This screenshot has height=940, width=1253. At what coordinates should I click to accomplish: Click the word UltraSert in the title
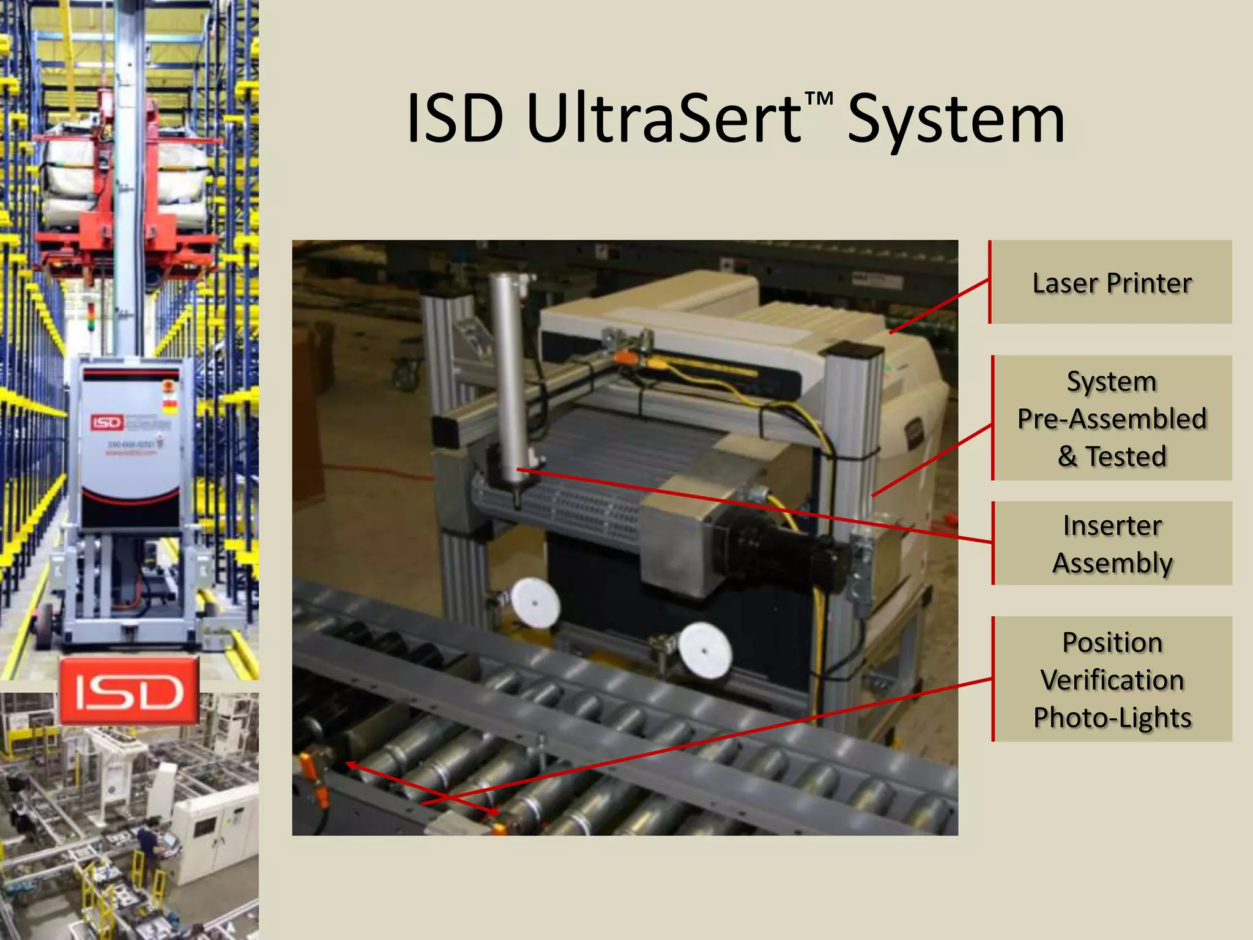click(664, 119)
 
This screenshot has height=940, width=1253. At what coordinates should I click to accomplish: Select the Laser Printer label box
click(1111, 282)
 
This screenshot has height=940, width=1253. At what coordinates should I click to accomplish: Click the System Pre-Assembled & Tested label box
click(1111, 418)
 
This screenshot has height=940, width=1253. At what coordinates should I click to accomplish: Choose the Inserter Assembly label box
click(1111, 543)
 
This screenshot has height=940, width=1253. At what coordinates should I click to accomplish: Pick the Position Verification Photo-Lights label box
click(1111, 679)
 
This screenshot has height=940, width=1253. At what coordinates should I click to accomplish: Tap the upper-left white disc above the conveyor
click(535, 603)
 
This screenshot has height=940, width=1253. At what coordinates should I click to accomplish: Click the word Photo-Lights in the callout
click(1112, 717)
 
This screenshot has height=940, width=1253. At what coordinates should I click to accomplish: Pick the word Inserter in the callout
click(1112, 525)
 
